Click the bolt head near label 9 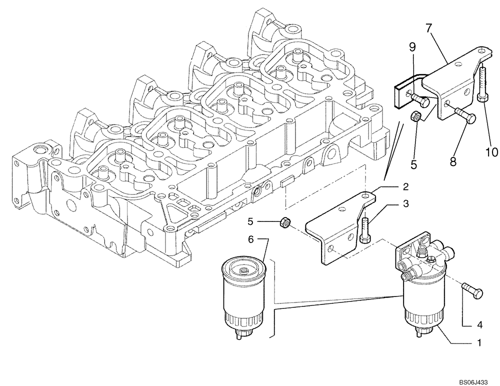[x=422, y=104]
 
